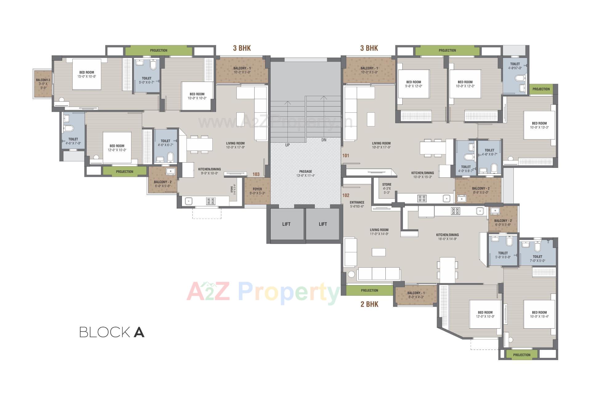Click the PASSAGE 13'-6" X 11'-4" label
click(x=305, y=173)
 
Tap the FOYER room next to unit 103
click(x=257, y=191)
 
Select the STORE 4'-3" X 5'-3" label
click(x=387, y=188)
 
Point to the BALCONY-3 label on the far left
click(x=43, y=83)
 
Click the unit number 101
click(x=346, y=156)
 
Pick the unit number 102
click(x=346, y=195)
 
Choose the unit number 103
click(x=256, y=174)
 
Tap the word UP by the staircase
click(x=287, y=145)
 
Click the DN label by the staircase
click(x=324, y=140)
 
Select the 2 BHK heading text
click(x=369, y=304)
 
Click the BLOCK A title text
click(x=112, y=332)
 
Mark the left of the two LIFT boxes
click(x=286, y=224)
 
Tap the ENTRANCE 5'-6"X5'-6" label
click(x=357, y=204)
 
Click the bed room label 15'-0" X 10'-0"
click(x=86, y=74)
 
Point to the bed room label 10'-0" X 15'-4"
click(x=539, y=314)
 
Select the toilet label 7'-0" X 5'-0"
click(x=537, y=258)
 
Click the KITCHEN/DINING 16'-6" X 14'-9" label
click(x=447, y=237)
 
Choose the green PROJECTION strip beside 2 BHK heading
click(x=369, y=290)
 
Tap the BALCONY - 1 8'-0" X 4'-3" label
click(x=416, y=295)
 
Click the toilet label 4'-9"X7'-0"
click(x=515, y=66)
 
